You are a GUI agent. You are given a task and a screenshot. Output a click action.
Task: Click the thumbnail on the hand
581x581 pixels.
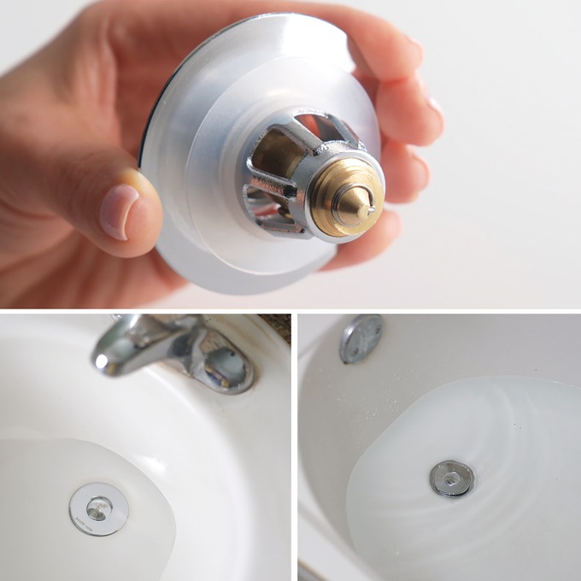click(118, 210)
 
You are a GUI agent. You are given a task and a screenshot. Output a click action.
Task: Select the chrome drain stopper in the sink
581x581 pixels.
click(98, 508)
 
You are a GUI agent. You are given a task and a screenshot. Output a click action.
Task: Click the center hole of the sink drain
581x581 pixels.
click(97, 508)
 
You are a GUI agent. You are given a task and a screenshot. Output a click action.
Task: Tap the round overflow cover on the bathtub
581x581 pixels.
click(361, 338)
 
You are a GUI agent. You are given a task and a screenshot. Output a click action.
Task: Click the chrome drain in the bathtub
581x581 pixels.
click(451, 479)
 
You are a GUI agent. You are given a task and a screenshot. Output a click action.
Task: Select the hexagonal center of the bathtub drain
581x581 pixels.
click(451, 478)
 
